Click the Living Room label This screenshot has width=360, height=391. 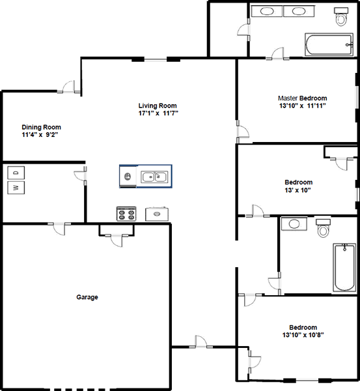click(158, 106)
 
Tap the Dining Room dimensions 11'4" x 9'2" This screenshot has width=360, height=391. click(40, 135)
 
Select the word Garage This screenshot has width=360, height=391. click(87, 297)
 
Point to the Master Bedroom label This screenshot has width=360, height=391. click(303, 98)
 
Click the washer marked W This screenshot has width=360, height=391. click(16, 188)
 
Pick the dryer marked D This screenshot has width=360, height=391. click(16, 173)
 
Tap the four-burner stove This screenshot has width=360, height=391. click(126, 214)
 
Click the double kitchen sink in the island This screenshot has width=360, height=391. click(154, 177)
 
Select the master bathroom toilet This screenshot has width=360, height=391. click(341, 17)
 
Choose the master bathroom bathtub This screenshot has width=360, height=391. click(329, 44)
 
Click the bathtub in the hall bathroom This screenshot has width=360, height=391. click(344, 268)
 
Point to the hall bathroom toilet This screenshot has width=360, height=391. click(324, 228)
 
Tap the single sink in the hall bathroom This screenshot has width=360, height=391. click(294, 224)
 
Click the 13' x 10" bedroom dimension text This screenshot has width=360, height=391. click(298, 190)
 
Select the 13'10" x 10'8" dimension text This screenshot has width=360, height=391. click(303, 335)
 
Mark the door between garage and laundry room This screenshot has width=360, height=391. click(59, 229)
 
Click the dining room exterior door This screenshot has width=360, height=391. click(69, 87)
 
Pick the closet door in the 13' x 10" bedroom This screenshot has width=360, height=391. click(342, 164)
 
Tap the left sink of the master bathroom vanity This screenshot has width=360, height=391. click(267, 11)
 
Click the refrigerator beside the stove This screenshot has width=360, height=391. click(157, 214)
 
